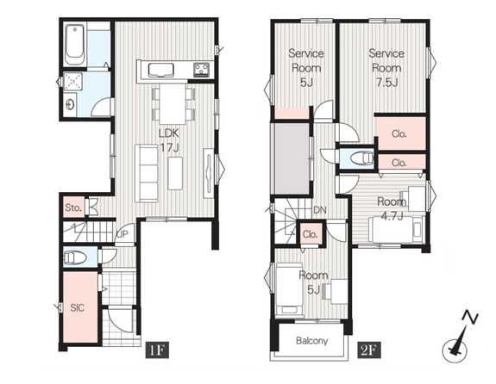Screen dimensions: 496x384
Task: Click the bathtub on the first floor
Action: click(75, 45)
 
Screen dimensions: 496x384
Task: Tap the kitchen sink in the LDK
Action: click(161, 70)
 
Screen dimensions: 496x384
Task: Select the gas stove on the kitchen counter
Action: click(202, 70)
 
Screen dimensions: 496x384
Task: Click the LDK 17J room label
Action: click(169, 139)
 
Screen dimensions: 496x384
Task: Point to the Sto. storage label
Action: click(73, 207)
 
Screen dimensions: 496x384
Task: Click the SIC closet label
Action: click(77, 307)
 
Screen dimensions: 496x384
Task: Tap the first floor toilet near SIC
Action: click(75, 257)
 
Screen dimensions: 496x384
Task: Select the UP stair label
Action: click(122, 234)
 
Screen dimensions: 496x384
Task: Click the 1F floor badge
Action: click(157, 350)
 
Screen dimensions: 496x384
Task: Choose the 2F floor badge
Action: click(369, 350)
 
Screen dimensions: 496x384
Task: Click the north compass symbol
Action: click(457, 338)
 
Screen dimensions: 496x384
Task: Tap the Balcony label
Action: click(312, 341)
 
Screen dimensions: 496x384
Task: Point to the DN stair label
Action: click(319, 210)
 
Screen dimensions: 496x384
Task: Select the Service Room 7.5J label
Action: click(386, 67)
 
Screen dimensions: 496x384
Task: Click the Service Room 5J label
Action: click(306, 67)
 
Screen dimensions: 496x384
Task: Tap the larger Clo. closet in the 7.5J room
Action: click(401, 133)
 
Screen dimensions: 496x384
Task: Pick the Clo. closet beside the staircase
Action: click(310, 234)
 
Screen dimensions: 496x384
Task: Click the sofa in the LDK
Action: click(147, 173)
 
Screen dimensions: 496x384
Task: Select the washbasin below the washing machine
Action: click(70, 104)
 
